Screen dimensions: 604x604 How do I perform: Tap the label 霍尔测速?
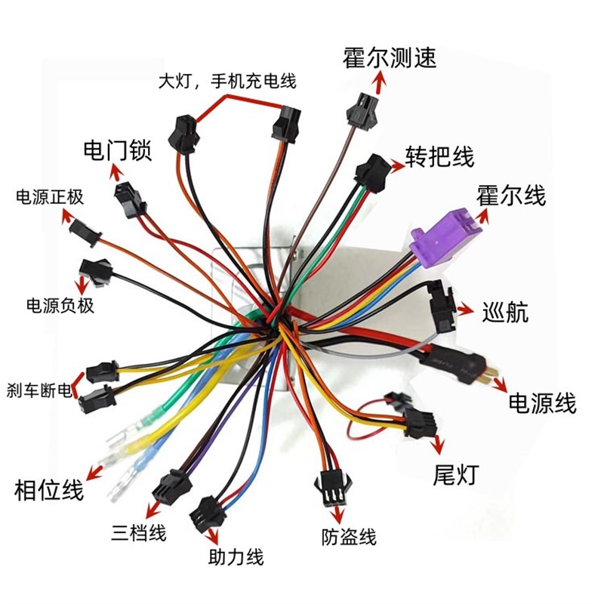[390, 58]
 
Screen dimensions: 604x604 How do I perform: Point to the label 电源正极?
[50, 198]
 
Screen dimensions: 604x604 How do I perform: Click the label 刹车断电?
[38, 390]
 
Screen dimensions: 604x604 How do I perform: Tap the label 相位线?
[49, 491]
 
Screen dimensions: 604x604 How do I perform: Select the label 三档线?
[137, 532]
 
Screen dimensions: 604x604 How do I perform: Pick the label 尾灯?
[456, 475]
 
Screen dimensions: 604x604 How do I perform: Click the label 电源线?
[542, 402]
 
